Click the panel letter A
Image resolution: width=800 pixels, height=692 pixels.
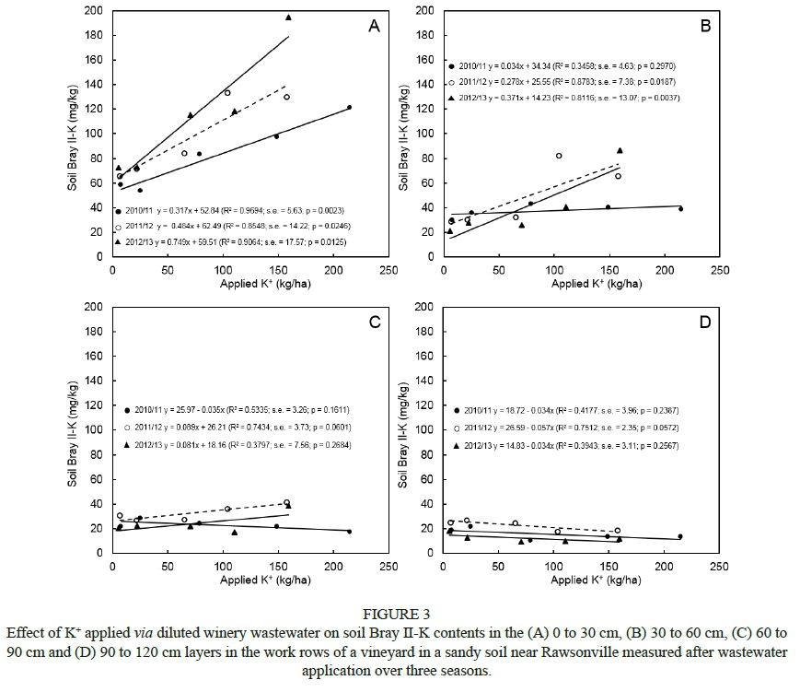(374, 27)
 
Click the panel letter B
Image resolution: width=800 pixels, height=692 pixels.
(705, 27)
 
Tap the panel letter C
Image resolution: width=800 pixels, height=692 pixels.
(374, 322)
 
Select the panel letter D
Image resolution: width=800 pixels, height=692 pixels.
(705, 322)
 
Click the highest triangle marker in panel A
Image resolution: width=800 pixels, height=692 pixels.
(288, 18)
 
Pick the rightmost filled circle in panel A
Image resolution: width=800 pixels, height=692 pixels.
(349, 108)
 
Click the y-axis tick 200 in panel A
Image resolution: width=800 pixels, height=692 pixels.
(93, 11)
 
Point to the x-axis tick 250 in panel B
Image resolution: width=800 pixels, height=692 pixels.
(719, 270)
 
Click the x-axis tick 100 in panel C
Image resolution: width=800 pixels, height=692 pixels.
(223, 567)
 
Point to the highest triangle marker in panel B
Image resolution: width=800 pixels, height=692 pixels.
(620, 149)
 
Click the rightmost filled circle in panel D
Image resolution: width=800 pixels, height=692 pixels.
(680, 536)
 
